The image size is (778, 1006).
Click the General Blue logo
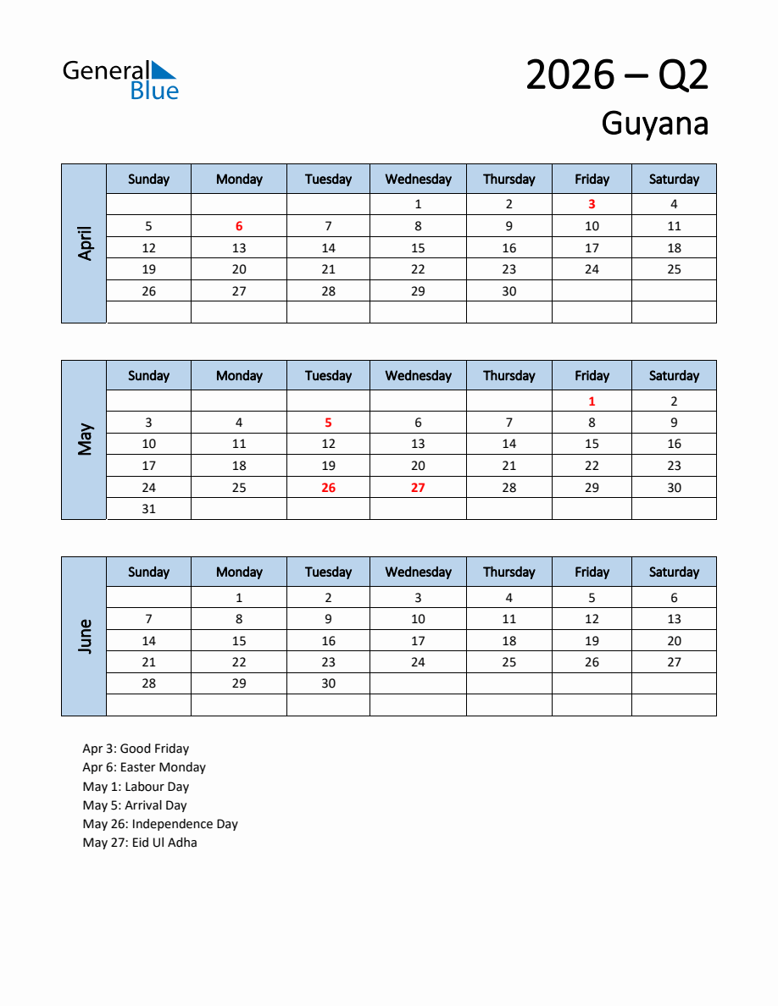(120, 80)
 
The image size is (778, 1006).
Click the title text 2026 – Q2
(616, 75)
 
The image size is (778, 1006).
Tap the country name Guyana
(654, 124)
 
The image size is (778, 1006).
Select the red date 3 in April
(592, 204)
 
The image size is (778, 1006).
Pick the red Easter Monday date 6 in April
(239, 226)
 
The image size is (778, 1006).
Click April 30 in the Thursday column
(508, 291)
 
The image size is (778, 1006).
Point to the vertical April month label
(85, 243)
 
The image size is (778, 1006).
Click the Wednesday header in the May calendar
(418, 376)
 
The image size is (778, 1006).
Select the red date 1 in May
(592, 401)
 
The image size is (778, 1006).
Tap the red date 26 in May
(328, 488)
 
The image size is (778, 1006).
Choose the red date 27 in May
(418, 488)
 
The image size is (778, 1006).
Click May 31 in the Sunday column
(148, 509)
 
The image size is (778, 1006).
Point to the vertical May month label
(85, 439)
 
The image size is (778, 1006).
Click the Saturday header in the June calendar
(674, 572)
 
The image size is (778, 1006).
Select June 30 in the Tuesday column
(328, 683)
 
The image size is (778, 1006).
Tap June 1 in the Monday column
(239, 598)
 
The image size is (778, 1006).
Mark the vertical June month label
(85, 636)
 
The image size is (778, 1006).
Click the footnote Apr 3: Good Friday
(136, 749)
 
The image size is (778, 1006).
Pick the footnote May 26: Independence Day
(160, 824)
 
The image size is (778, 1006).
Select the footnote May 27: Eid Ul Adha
(140, 843)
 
